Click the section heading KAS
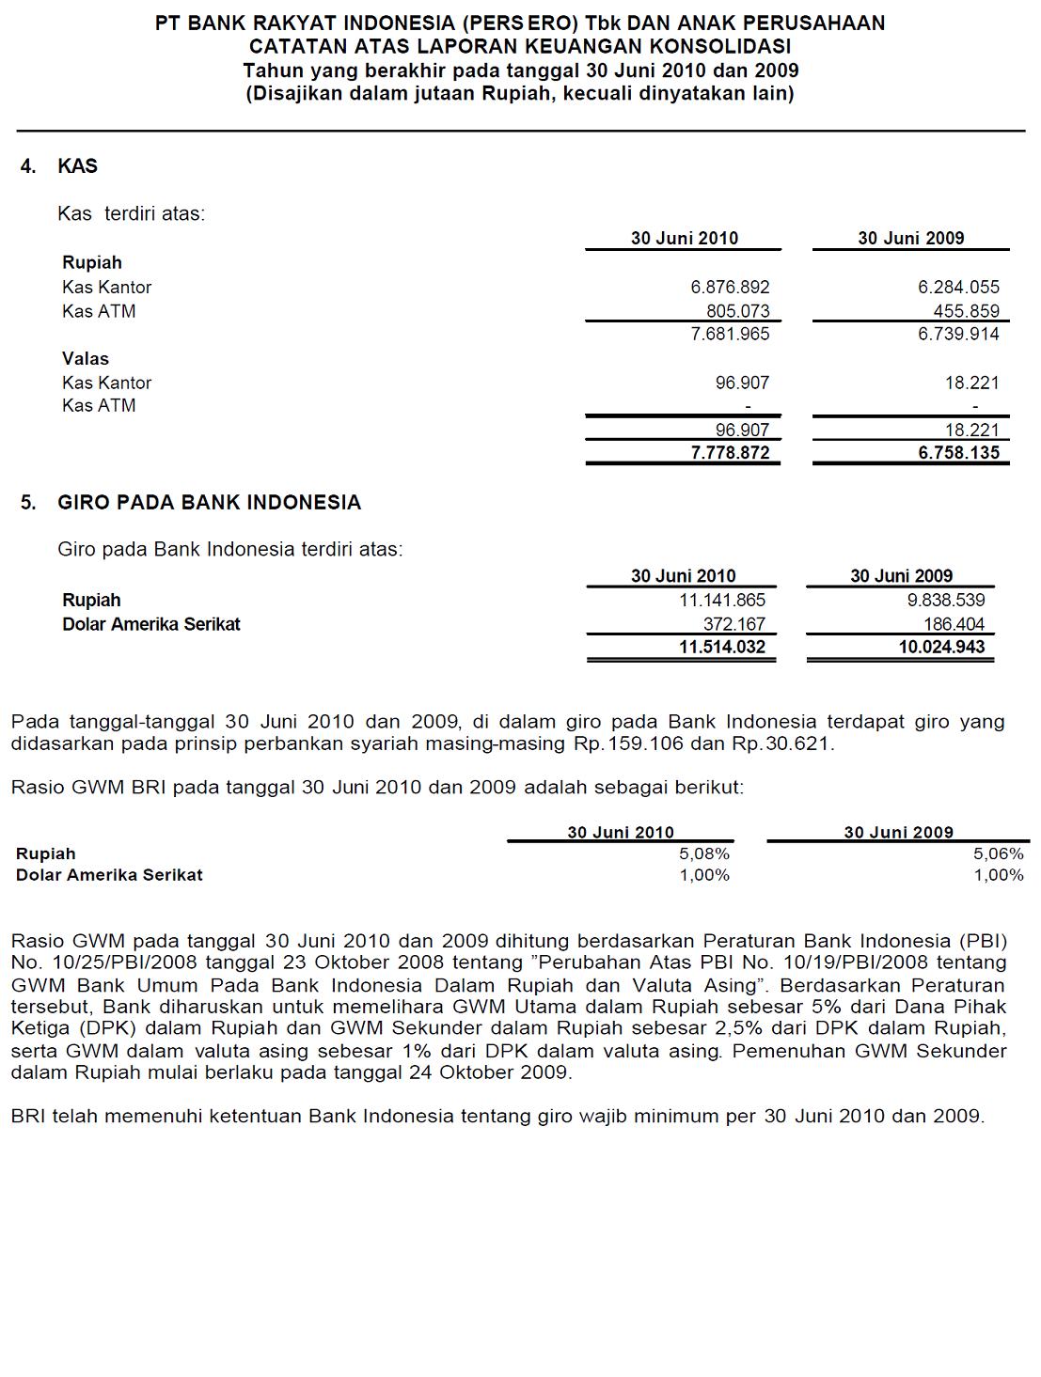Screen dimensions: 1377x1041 77,166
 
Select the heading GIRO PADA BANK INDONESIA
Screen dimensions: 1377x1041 209,503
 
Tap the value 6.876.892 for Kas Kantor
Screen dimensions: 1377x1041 730,288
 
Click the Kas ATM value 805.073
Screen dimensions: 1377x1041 737,311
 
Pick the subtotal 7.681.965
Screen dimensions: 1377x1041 730,334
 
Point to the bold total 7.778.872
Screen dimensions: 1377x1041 730,453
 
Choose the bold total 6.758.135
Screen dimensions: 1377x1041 958,453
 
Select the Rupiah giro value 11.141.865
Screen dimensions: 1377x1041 722,601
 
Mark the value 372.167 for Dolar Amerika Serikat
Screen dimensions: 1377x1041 734,624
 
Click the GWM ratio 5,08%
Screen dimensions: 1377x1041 704,854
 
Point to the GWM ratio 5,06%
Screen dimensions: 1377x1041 998,854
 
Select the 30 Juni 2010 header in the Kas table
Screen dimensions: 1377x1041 685,239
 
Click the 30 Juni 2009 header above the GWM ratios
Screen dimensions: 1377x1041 898,833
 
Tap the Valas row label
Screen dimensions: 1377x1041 86,359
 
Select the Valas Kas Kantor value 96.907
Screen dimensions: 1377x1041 742,383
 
